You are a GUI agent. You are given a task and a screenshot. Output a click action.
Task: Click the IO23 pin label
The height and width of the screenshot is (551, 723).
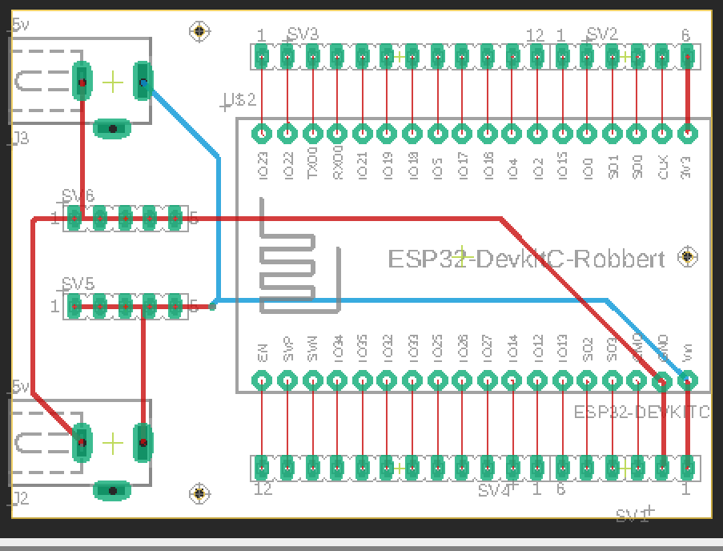pos(263,163)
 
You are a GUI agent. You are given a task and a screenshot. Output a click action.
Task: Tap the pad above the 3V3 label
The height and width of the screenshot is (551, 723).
pos(687,134)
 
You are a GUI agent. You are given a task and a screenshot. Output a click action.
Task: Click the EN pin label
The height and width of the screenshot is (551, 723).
pos(263,354)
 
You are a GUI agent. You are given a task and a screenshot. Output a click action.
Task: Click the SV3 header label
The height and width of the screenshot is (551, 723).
pos(303,34)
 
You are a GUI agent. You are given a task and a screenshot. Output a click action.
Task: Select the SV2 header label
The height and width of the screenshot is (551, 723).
pos(602,34)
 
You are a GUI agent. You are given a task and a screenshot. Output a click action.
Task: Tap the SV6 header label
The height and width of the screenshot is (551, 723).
pos(78,196)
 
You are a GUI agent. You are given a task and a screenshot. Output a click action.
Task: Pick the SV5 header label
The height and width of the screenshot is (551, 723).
pos(78,284)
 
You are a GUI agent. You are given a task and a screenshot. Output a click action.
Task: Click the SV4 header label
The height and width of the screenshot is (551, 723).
pos(495,489)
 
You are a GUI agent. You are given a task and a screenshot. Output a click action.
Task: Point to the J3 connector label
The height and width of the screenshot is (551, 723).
pos(20,139)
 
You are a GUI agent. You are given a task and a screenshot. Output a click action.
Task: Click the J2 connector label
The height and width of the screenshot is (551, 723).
pos(20,499)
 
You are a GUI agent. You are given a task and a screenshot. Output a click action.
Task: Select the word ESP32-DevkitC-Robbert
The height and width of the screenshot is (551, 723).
pos(526,259)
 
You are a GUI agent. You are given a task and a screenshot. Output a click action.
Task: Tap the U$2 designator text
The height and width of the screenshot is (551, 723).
pos(239,100)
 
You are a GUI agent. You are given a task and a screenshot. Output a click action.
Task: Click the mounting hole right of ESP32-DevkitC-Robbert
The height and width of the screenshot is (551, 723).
pos(687,257)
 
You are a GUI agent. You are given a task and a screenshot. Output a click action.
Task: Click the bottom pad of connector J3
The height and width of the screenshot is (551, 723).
pos(113,128)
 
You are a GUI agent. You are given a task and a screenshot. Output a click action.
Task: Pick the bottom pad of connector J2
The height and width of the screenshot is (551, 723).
pos(113,490)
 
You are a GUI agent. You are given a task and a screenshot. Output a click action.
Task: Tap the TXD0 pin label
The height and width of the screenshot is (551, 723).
pos(312,163)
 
